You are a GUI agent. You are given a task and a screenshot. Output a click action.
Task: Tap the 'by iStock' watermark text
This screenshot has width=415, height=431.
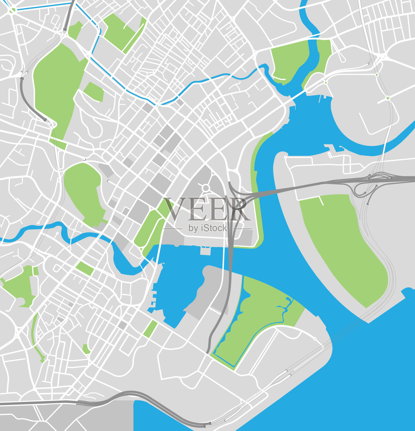coord(208,228)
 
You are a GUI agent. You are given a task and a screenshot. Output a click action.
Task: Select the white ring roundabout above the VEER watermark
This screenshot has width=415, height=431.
coord(206,187)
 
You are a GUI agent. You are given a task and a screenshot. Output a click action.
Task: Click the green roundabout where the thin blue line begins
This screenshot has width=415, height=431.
coord(12,11)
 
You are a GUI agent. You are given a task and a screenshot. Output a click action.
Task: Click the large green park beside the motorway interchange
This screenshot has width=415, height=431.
coord(342,242)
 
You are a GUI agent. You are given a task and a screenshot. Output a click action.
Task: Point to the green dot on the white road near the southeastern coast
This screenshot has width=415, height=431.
coord(315,339)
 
